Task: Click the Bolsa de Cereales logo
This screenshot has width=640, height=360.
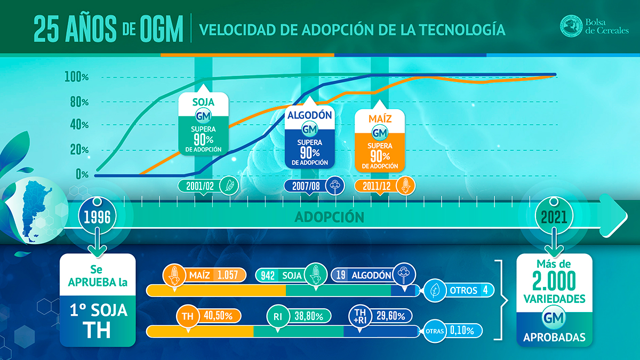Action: tap(594, 26)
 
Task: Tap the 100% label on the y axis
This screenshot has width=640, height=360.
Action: tap(77, 77)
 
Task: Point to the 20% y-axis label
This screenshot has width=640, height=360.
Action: tap(79, 149)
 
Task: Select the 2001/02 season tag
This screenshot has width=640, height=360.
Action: tap(208, 186)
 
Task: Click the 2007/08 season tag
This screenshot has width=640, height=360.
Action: tap(314, 186)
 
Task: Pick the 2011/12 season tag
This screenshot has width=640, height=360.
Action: tap(385, 186)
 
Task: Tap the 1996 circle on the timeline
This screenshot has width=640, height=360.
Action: tap(97, 217)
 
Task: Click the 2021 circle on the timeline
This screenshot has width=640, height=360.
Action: tap(554, 217)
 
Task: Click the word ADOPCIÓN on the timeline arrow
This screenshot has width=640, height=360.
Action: tap(330, 217)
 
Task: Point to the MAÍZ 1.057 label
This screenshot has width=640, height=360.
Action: tap(204, 275)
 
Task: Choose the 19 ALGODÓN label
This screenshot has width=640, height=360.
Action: tap(373, 275)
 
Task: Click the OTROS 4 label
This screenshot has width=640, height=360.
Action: tap(459, 290)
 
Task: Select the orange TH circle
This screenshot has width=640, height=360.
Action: tap(188, 316)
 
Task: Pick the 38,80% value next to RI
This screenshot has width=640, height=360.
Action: tap(309, 316)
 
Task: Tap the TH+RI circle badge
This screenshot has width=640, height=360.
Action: tap(359, 316)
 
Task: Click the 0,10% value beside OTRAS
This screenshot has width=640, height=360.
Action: tap(462, 331)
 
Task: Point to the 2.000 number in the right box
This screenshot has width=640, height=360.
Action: tap(554, 282)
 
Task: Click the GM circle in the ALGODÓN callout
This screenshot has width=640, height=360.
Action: tap(310, 129)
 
